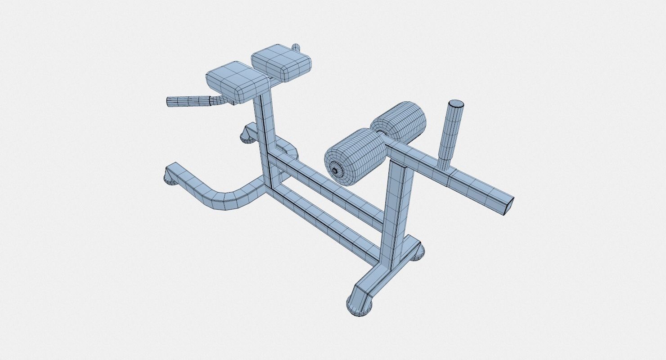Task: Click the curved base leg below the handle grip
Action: point(216,193)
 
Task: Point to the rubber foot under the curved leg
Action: point(170,180)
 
